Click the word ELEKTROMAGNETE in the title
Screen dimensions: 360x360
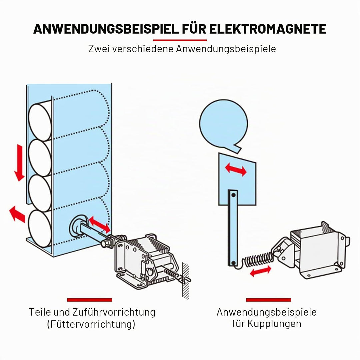click(x=267, y=29)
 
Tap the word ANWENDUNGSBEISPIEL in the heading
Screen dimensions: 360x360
click(x=106, y=29)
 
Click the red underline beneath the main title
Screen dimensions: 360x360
click(x=180, y=40)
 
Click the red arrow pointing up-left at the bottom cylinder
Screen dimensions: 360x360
click(x=17, y=214)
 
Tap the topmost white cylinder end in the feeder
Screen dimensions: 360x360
click(x=40, y=122)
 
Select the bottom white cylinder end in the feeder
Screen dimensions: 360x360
click(x=40, y=228)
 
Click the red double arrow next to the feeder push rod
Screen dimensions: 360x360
click(x=100, y=224)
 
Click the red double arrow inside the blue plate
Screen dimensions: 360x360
click(x=236, y=169)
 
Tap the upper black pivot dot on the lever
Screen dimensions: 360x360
click(x=233, y=195)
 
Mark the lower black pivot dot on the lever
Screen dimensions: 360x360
click(x=233, y=263)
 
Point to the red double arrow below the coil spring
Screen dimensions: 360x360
click(x=260, y=271)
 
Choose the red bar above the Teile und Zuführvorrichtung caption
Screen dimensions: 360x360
click(x=90, y=300)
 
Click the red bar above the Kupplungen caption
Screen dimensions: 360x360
click(x=268, y=300)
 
